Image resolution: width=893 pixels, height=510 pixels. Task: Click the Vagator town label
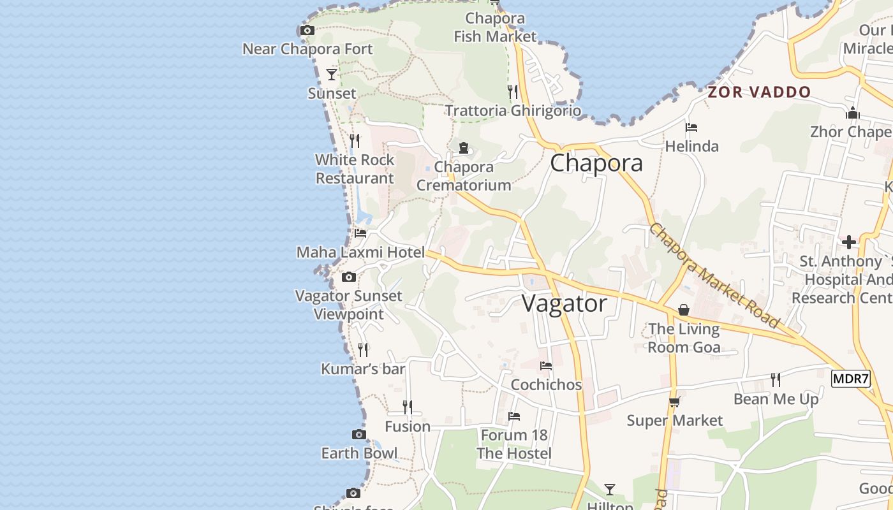pyautogui.click(x=565, y=303)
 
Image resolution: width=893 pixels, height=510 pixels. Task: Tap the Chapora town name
pyautogui.click(x=596, y=163)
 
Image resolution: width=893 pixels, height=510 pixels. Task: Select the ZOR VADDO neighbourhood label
pyautogui.click(x=759, y=92)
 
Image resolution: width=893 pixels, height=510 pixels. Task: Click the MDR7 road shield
pyautogui.click(x=851, y=379)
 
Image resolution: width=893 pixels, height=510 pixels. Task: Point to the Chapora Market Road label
pyautogui.click(x=714, y=275)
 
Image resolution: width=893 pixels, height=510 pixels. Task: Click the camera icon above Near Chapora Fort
pyautogui.click(x=307, y=30)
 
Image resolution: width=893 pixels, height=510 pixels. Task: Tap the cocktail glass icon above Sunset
pyautogui.click(x=332, y=75)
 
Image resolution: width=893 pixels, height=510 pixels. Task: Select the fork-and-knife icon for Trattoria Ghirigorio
pyautogui.click(x=513, y=92)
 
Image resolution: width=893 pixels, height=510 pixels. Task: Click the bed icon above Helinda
pyautogui.click(x=691, y=127)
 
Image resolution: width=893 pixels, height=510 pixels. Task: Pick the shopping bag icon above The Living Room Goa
pyautogui.click(x=684, y=310)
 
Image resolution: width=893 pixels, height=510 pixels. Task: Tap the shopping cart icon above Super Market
pyautogui.click(x=674, y=402)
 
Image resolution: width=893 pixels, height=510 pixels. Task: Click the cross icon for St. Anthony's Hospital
pyautogui.click(x=848, y=242)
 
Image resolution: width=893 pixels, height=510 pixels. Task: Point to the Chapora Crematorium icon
pyautogui.click(x=464, y=148)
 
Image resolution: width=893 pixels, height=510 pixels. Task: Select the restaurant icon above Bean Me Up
pyautogui.click(x=776, y=380)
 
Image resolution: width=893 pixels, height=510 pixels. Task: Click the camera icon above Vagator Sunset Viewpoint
pyautogui.click(x=349, y=277)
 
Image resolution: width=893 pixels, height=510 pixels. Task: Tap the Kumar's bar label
pyautogui.click(x=363, y=369)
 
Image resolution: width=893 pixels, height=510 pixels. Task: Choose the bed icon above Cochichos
pyautogui.click(x=546, y=366)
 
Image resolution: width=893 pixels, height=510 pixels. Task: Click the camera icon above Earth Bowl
pyautogui.click(x=359, y=434)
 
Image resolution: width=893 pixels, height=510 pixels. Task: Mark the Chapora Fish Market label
pyautogui.click(x=495, y=27)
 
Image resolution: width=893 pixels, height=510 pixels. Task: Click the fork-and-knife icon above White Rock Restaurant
pyautogui.click(x=355, y=140)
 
